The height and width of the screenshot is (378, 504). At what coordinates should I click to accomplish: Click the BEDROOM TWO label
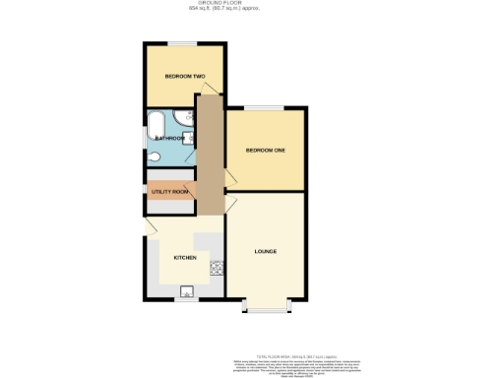(184, 76)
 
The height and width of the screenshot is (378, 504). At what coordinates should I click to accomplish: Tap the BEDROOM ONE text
(265, 150)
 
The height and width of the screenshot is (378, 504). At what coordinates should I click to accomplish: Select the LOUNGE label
(265, 251)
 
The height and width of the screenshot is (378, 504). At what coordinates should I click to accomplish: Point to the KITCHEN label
(185, 257)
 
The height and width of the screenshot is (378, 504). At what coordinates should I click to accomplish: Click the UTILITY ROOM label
(170, 191)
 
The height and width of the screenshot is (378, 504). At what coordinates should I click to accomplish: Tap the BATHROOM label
(171, 139)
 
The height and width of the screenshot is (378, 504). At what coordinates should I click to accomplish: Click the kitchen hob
(217, 267)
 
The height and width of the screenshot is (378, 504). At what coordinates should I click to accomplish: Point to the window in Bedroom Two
(184, 42)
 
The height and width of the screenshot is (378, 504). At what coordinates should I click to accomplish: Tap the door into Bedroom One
(229, 177)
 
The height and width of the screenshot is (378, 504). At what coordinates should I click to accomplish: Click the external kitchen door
(150, 227)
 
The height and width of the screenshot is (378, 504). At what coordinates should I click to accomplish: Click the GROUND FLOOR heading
(251, 4)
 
